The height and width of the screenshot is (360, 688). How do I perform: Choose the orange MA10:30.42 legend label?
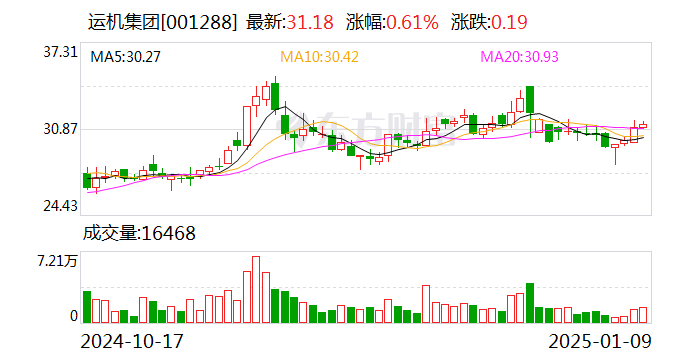[x=319, y=57]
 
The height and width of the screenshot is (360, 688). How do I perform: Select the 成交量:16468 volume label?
[x=139, y=233]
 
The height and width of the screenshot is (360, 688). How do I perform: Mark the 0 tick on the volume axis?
[x=73, y=316]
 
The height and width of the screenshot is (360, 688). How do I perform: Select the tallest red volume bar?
[x=256, y=290]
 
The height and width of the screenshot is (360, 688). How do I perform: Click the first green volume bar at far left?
[x=87, y=308]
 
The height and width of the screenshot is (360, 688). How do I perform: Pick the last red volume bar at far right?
[x=643, y=315]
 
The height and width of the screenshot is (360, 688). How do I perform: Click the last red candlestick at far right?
[x=643, y=126]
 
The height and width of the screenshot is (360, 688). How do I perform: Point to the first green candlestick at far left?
[x=87, y=180]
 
